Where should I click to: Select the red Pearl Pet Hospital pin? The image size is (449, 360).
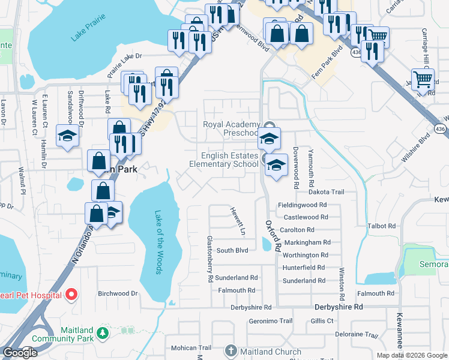(x=71, y=294)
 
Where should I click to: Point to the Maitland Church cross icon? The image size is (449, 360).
(x=232, y=350)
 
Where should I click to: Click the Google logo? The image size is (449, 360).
(x=20, y=352)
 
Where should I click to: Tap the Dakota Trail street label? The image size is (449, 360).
(x=326, y=192)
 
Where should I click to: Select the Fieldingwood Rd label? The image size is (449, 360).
(x=302, y=205)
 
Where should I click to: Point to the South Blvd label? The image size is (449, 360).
(x=232, y=250)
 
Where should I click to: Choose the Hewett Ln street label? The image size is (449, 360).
(x=238, y=221)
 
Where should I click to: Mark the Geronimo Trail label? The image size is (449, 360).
(x=270, y=320)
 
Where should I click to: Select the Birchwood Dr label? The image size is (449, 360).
(x=118, y=293)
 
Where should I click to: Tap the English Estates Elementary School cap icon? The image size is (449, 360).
(x=276, y=166)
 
